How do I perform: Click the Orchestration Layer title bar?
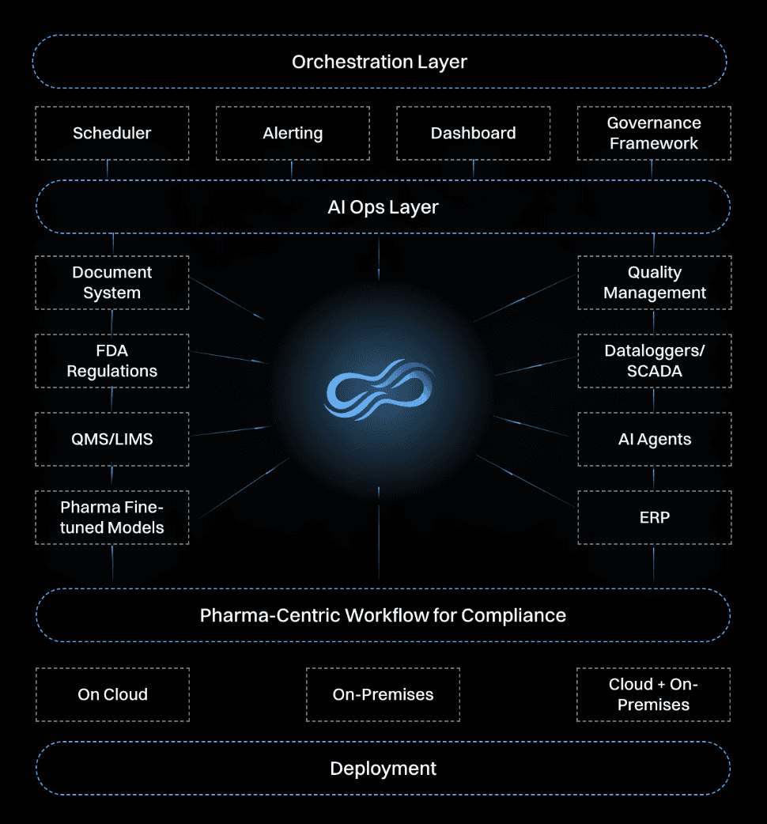380,62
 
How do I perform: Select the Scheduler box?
112,133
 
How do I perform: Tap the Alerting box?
293,133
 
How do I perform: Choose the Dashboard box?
473,133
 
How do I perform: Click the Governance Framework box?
653,133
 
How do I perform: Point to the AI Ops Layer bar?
383,207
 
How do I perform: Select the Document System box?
112,282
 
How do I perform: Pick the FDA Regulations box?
112,361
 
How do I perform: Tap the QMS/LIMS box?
112,439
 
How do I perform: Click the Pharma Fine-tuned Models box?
112,517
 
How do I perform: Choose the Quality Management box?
654,282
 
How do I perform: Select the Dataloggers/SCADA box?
654,361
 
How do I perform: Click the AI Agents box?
654,439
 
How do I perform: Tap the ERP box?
654,517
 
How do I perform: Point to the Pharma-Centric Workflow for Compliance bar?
383,615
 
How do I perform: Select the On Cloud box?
112,694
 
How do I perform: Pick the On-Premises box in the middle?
383,694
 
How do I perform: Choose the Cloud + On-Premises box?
653,694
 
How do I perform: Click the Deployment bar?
383,768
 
